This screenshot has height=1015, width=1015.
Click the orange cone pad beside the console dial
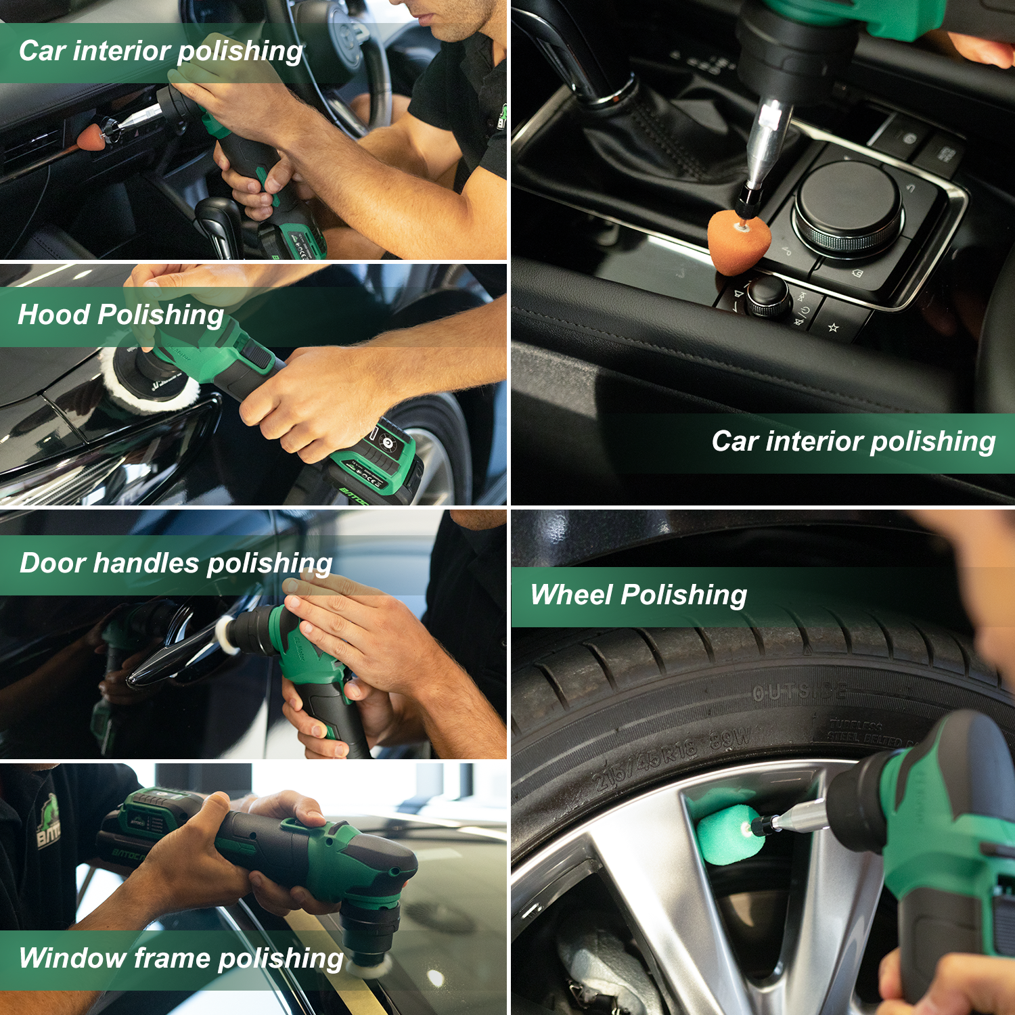[x=736, y=240]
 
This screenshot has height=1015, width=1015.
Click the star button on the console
[x=834, y=328]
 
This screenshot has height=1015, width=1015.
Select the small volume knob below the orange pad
[x=768, y=296]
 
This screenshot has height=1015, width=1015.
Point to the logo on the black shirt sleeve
[x=47, y=822]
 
